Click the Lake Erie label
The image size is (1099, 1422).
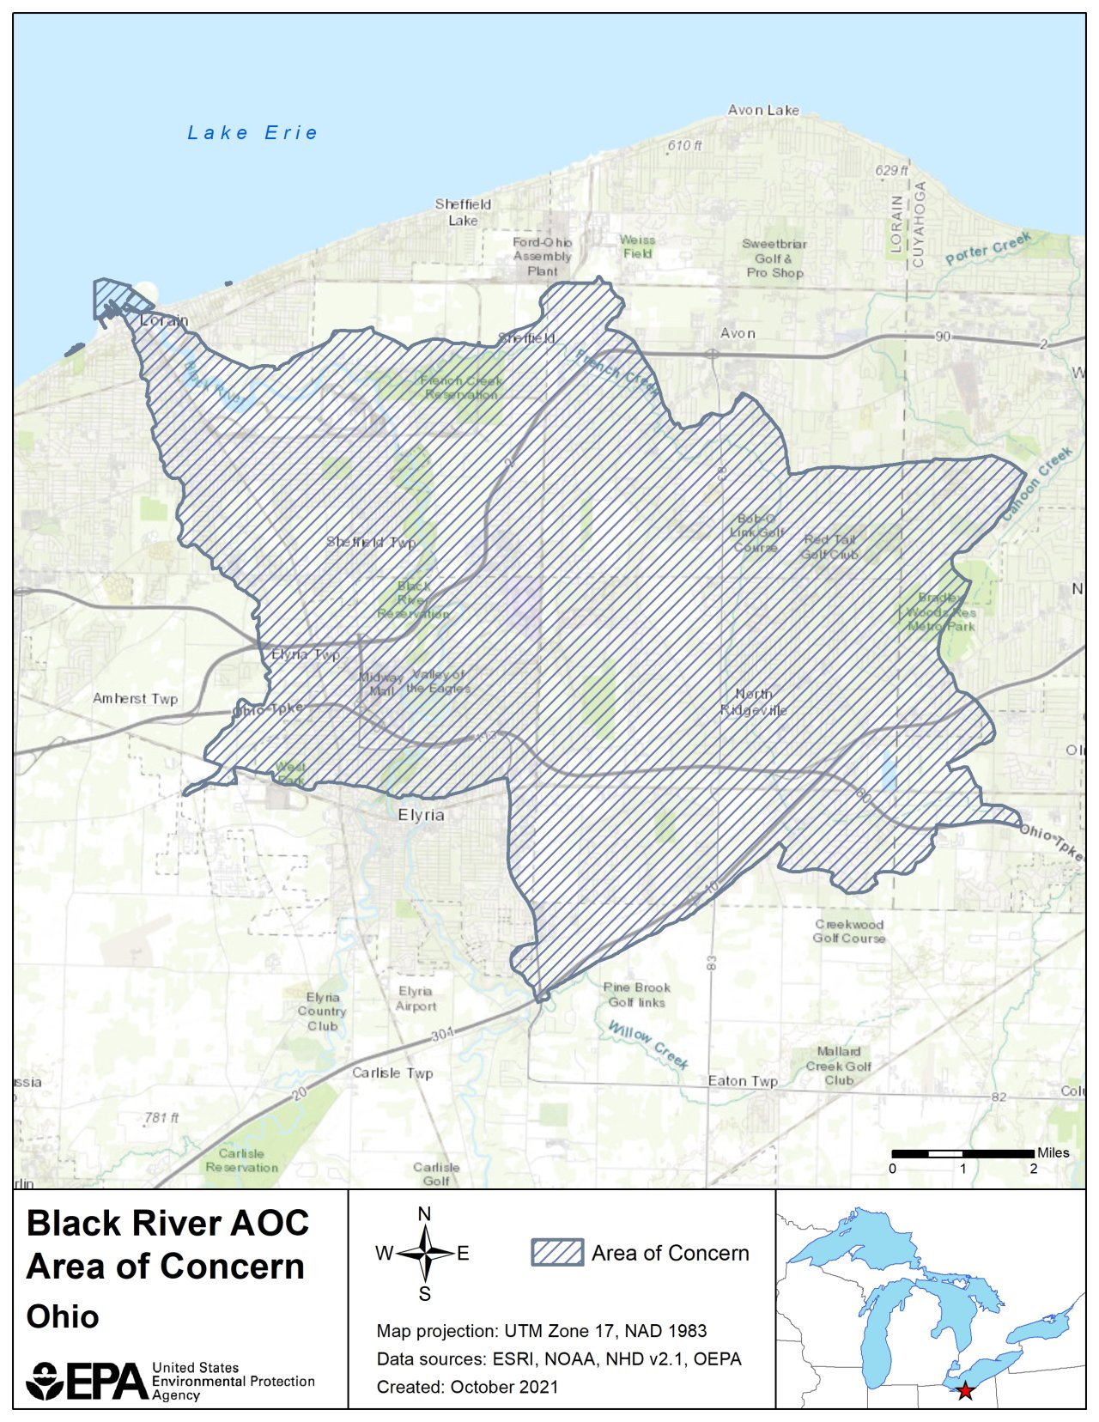252,133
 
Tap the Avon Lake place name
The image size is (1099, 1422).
762,110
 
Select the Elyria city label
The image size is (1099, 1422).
421,815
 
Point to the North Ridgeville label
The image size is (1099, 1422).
753,702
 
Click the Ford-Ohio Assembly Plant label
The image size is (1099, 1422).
542,256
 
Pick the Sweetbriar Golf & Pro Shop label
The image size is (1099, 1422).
774,258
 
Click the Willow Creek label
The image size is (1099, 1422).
647,1043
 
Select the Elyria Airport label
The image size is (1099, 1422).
416,999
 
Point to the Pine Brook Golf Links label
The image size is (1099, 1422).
636,994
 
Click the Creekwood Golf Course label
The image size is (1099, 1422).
848,932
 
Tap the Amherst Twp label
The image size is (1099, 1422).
135,699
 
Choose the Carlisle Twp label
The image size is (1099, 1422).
392,1073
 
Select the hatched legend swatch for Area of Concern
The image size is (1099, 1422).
556,1253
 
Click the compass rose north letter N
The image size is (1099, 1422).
424,1214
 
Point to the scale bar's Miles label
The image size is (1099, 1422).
1053,1153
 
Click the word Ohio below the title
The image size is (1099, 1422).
63,1316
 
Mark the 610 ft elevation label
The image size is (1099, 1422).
684,146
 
